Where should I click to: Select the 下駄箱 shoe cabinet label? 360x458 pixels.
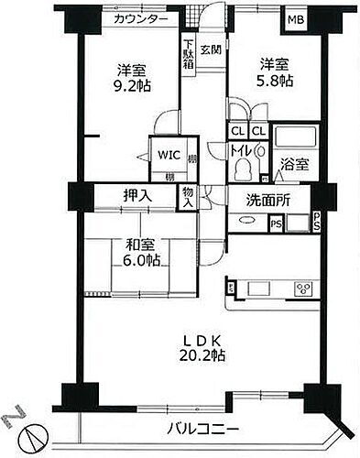point(187,52)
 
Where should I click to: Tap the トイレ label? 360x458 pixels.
point(242,147)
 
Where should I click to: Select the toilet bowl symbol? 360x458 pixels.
point(243,169)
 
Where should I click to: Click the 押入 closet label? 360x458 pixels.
point(138,195)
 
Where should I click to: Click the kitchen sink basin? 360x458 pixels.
point(252,289)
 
